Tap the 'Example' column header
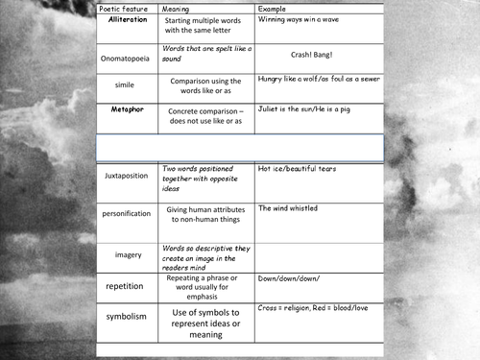click(275, 8)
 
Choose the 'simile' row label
click(126, 84)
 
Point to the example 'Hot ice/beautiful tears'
click(297, 169)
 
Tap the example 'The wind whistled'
click(288, 208)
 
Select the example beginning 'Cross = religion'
click(316, 309)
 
